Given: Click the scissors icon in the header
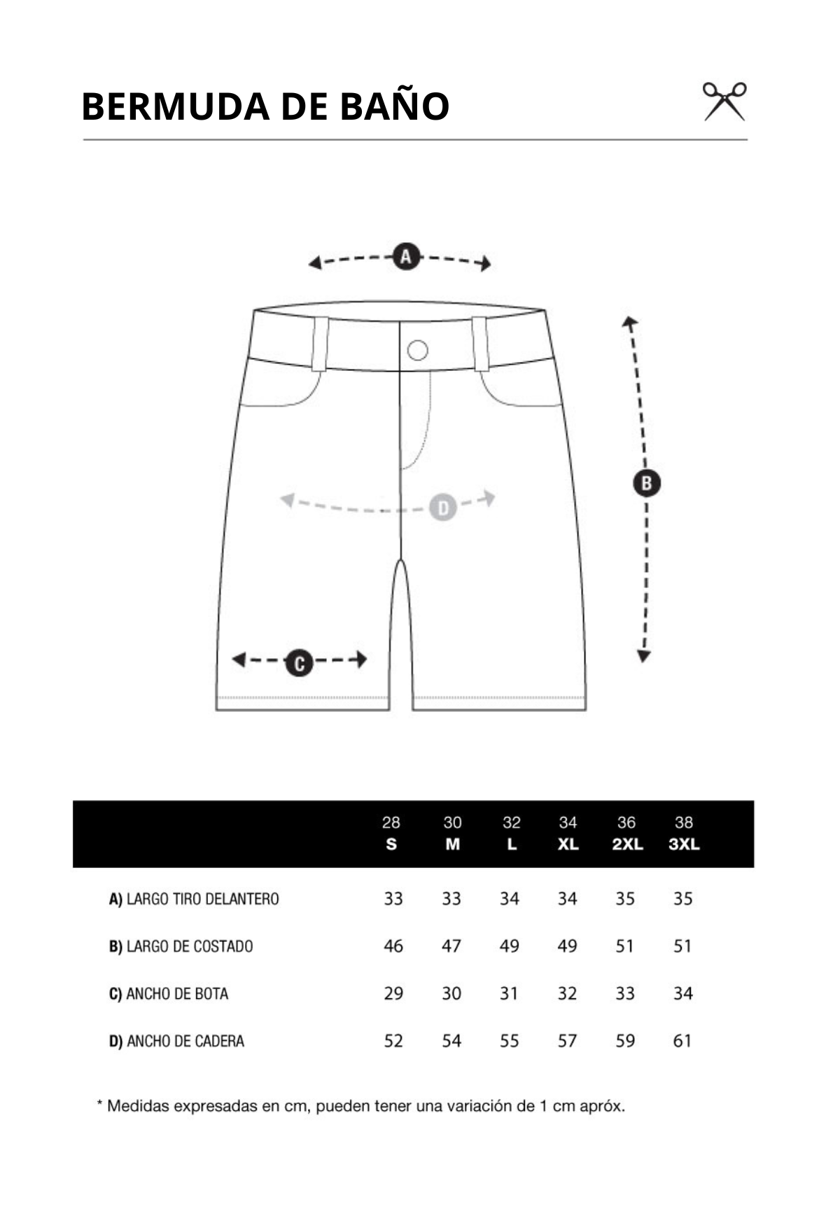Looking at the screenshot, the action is [x=724, y=101].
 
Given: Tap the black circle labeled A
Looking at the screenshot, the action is [x=406, y=256].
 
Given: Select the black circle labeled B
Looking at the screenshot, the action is [x=646, y=483].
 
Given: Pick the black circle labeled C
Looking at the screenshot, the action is [x=299, y=661].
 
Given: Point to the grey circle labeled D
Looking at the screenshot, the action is [x=442, y=507].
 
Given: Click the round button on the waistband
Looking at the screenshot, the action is [x=417, y=350].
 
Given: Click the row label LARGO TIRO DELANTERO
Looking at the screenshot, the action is [x=194, y=899].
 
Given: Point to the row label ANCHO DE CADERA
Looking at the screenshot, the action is [x=176, y=1041].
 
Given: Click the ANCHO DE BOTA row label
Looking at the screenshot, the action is [x=169, y=993].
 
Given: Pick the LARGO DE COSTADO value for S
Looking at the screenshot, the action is [x=393, y=946].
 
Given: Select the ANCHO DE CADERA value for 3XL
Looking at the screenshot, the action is [x=682, y=1041].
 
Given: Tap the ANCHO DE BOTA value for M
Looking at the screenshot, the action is [x=451, y=993].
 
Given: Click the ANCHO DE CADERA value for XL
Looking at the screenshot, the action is [x=567, y=1041].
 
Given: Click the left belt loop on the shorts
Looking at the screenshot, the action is [x=320, y=344].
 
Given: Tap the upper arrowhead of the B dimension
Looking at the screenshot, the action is [x=629, y=322].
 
